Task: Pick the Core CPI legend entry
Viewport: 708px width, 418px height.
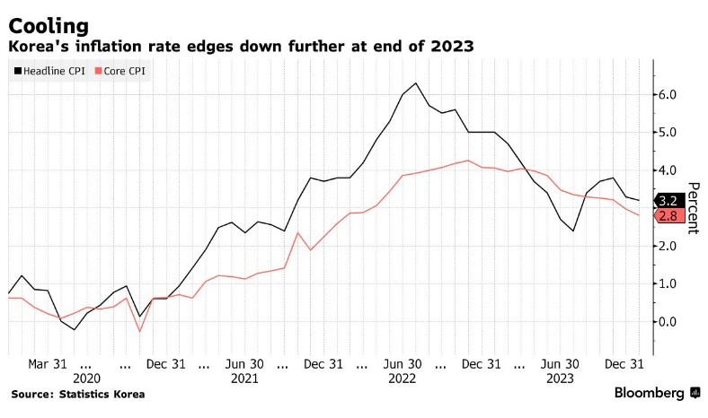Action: click(124, 69)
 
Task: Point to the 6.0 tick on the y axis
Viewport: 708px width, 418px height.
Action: click(668, 94)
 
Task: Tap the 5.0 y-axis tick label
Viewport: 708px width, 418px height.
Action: click(668, 132)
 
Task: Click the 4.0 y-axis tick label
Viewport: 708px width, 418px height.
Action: click(668, 170)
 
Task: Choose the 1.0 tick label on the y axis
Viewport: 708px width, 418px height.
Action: click(668, 283)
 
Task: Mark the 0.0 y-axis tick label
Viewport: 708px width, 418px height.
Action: click(668, 321)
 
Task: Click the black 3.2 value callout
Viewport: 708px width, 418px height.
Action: click(668, 201)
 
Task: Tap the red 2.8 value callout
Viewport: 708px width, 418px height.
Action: click(668, 216)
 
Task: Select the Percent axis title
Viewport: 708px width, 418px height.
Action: click(692, 208)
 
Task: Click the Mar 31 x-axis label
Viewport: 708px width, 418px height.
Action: click(47, 364)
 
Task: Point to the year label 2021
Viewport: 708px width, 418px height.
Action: click(244, 379)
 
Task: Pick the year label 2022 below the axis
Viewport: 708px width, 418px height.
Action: click(403, 379)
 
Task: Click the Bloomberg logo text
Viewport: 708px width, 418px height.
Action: click(650, 393)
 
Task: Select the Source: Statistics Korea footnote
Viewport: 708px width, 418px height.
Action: click(77, 394)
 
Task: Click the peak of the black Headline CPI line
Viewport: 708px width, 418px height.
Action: click(415, 83)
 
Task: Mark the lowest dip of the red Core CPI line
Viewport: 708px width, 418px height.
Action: click(139, 332)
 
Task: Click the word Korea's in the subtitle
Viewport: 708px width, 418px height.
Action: click(40, 46)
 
